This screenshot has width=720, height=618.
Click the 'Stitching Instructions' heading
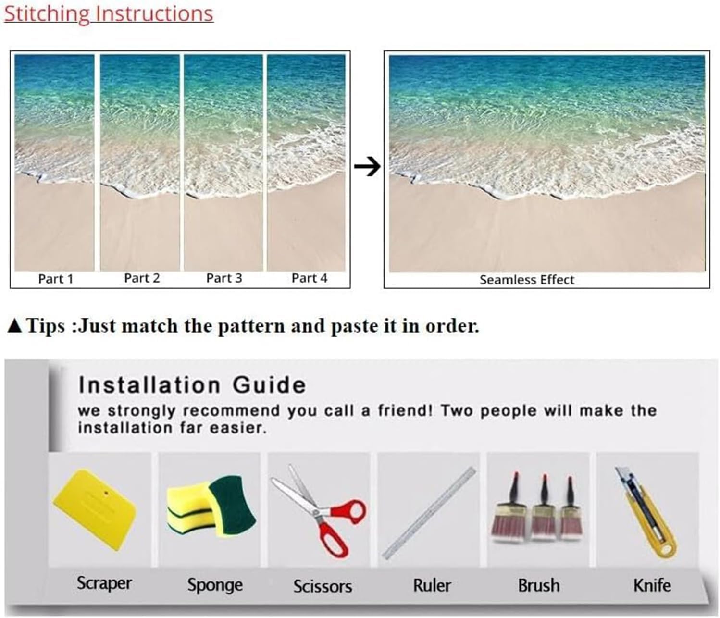click(108, 14)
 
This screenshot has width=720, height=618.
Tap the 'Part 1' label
click(56, 279)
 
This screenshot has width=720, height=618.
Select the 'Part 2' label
click(142, 278)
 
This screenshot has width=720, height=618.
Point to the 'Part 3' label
click(224, 278)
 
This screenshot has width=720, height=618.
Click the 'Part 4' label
click(310, 278)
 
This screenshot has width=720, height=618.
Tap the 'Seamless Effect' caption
click(527, 280)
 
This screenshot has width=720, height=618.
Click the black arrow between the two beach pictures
click(367, 167)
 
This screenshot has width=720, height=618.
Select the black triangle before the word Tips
click(15, 326)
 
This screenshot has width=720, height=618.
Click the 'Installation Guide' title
click(192, 385)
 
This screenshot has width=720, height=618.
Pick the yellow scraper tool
click(95, 510)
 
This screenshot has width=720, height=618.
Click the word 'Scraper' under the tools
click(104, 583)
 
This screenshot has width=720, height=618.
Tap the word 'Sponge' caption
click(215, 585)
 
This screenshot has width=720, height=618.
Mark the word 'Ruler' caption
click(432, 585)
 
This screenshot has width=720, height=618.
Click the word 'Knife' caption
click(652, 585)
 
